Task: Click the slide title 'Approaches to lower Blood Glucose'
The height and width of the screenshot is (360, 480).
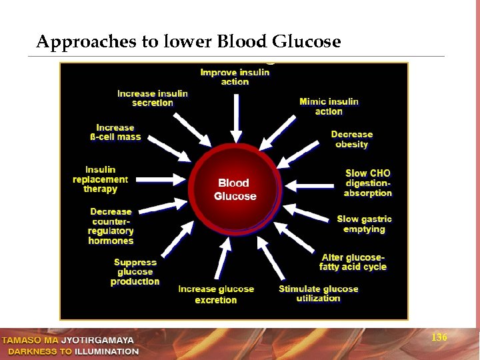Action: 188,43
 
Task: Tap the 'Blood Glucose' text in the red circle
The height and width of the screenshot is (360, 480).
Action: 235,189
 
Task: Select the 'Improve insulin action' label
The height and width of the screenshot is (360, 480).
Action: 235,77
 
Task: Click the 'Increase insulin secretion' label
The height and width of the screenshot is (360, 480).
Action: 153,98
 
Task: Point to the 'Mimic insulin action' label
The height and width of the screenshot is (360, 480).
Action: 329,107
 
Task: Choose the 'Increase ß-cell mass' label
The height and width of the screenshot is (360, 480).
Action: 115,132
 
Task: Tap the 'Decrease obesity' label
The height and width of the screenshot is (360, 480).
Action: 351,139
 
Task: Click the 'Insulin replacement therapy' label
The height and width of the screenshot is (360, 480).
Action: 100,179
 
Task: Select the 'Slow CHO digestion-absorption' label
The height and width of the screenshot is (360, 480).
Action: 367,183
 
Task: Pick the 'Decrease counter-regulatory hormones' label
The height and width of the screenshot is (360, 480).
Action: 111,226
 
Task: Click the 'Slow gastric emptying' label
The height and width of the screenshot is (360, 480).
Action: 364,224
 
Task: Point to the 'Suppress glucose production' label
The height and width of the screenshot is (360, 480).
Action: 135,272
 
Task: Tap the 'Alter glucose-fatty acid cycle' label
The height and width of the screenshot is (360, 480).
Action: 353,262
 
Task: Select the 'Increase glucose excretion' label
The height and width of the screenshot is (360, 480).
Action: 216,295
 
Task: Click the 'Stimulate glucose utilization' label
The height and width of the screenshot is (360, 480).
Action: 318,293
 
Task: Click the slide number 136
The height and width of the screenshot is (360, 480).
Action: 439,338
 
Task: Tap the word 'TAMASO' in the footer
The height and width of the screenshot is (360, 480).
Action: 21,341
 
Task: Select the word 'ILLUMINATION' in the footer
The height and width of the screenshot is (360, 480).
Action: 107,351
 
